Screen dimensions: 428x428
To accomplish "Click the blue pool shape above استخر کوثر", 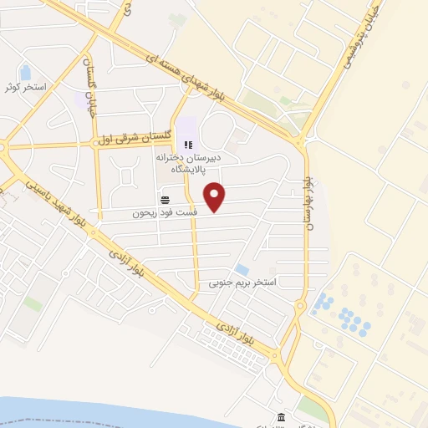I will (x=25, y=72).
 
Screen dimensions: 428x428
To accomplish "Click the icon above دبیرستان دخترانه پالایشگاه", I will (x=187, y=145).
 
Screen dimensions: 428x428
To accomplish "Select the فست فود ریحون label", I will (x=171, y=213).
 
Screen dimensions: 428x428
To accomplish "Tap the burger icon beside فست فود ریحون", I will (x=165, y=200).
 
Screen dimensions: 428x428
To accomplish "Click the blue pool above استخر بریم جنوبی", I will (x=242, y=270).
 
